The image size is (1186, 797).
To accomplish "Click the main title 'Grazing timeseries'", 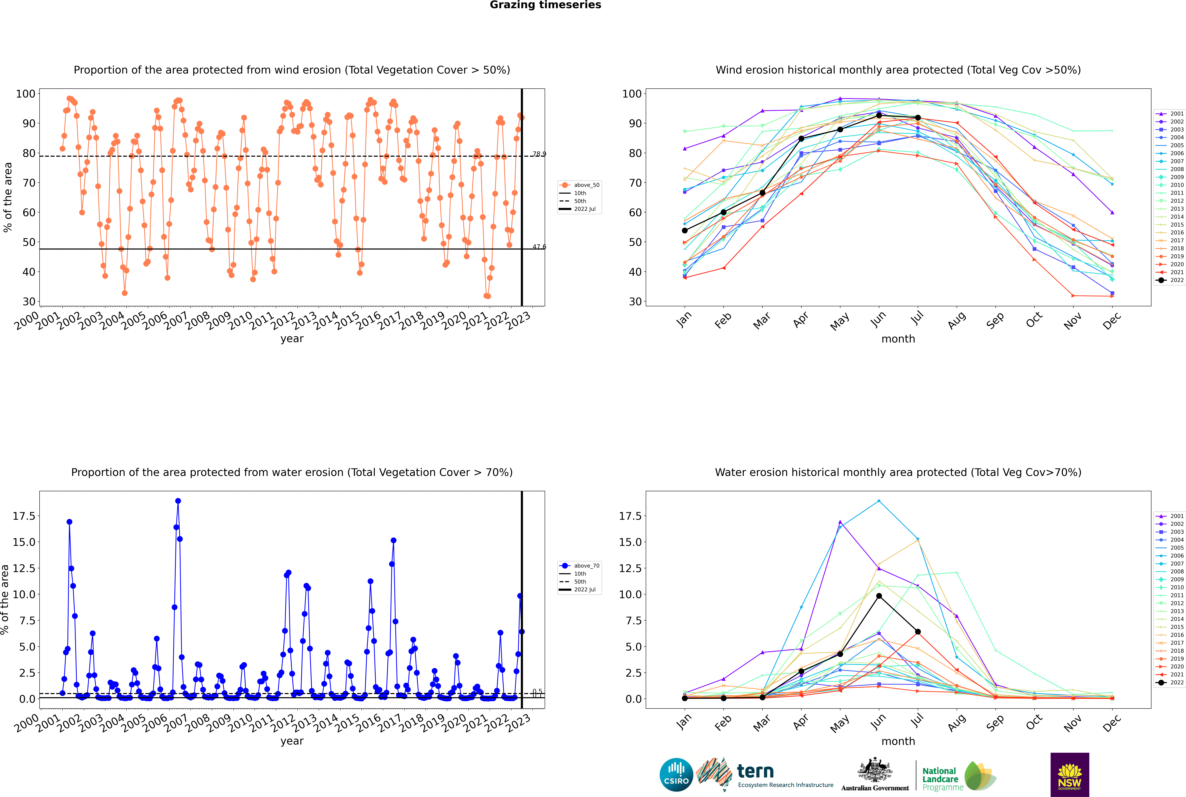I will (x=545, y=5).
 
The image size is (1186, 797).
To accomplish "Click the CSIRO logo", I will (x=676, y=775).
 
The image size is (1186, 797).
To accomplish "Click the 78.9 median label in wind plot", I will (x=539, y=154).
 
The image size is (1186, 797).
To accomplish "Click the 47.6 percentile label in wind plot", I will (x=539, y=247).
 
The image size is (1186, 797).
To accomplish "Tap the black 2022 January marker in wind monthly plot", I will (x=685, y=231).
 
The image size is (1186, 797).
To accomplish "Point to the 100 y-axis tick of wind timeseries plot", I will (x=25, y=93).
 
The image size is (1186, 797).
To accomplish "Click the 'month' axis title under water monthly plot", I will (x=898, y=741).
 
